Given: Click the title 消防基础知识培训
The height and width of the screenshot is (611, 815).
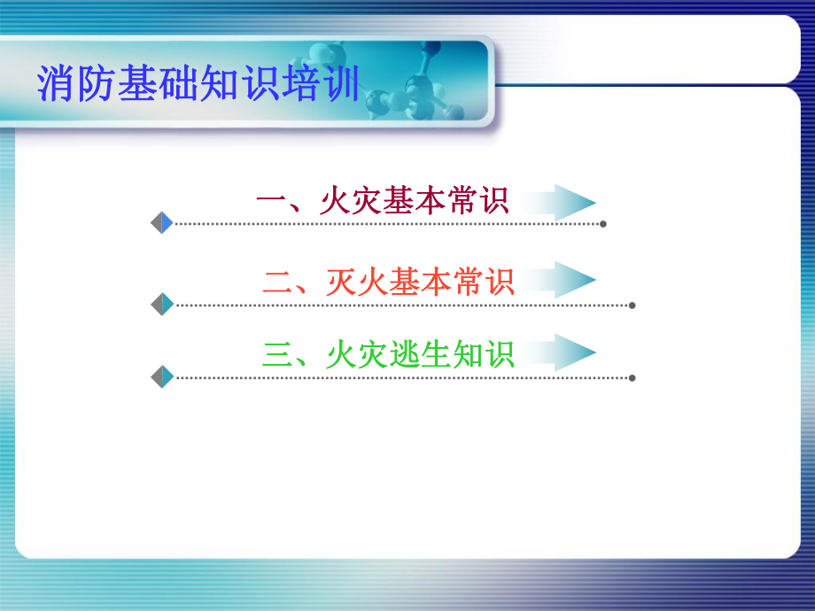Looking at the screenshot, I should coord(198,84).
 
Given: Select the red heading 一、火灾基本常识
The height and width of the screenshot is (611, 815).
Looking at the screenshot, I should coord(382,201).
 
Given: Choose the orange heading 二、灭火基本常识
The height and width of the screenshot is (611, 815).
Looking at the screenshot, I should coord(388,282).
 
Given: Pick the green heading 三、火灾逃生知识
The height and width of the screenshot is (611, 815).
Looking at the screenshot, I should coord(388,354).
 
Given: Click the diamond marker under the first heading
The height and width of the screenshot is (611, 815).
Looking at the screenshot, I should coord(162,223).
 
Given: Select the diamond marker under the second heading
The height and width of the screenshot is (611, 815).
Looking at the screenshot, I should coord(162,305).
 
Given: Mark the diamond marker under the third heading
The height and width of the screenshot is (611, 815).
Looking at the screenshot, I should coord(162,377).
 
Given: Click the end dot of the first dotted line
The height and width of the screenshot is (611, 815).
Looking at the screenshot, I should coord(603,224).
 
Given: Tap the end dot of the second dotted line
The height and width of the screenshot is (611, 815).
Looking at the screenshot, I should coord(632,305).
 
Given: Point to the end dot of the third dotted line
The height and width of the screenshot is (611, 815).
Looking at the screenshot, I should coord(632,378).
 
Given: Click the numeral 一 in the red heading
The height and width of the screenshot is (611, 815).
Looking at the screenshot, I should coord(269,202).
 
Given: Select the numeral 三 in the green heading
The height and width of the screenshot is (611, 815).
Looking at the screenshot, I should coord(277,355).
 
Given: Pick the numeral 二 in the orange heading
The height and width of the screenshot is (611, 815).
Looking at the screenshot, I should coord(277,282).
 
